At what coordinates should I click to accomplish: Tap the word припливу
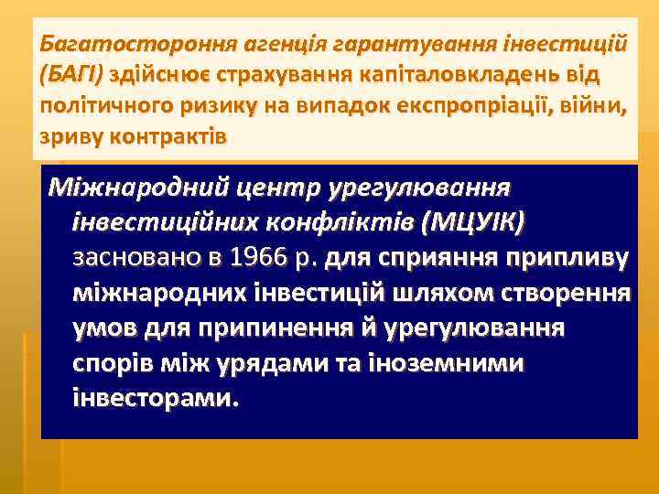pos(575,259)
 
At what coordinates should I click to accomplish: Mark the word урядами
pos(263,363)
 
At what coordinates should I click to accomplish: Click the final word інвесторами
pos(155,399)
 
